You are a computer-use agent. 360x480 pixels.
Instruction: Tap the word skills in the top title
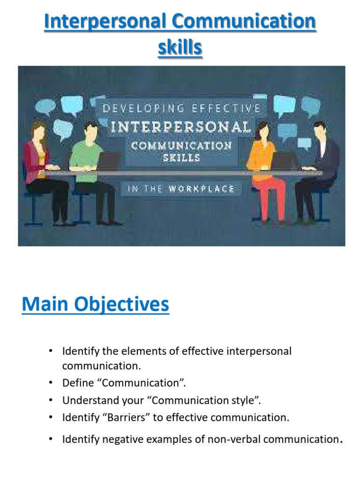pos(180,47)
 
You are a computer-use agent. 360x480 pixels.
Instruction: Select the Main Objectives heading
pos(95,305)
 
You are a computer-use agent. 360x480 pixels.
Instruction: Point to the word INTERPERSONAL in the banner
pos(180,127)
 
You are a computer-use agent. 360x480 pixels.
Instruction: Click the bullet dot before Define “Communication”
pos(50,383)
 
